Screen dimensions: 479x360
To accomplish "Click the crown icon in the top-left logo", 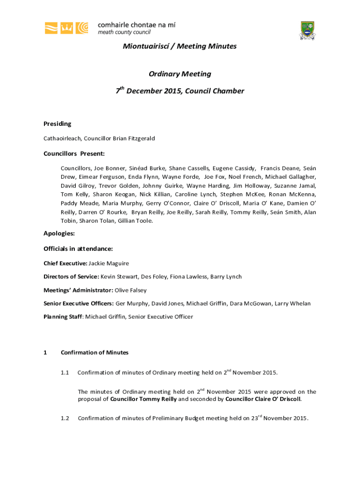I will coord(67,28).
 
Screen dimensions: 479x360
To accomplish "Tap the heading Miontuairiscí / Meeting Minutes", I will coord(180,46).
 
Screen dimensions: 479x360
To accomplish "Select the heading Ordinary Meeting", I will coord(180,74).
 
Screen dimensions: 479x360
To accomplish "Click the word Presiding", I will coord(58,124).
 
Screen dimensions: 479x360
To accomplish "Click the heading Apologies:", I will coord(59,233).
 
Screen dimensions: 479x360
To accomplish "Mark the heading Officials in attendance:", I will coord(78,249).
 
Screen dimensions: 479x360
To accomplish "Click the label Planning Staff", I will coord(63,317).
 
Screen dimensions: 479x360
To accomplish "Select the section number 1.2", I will coord(65,418).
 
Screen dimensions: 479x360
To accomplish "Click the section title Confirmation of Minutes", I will coord(94,353).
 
